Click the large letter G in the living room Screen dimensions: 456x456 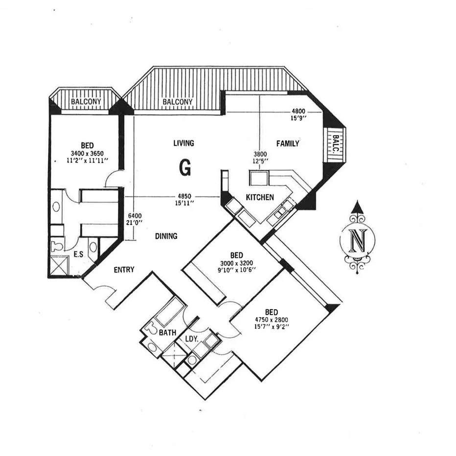click(x=185, y=167)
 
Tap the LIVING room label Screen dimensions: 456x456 click(x=183, y=143)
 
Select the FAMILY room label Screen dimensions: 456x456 click(x=288, y=143)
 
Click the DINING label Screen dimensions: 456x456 click(x=166, y=236)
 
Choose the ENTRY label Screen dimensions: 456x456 click(x=124, y=270)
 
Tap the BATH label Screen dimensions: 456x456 click(x=167, y=333)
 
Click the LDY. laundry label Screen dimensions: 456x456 click(x=191, y=339)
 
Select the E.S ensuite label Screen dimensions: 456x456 click(x=78, y=255)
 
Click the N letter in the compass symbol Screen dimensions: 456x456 click(x=358, y=240)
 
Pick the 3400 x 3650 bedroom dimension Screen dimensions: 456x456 click(x=87, y=153)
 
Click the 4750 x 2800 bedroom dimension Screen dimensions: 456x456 click(x=272, y=320)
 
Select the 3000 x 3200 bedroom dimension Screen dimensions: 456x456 click(x=237, y=263)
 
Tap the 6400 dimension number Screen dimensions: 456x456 click(x=134, y=215)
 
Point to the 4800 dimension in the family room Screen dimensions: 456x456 click(x=298, y=111)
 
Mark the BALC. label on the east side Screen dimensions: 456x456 click(x=336, y=145)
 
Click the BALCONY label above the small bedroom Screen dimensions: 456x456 click(x=86, y=102)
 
